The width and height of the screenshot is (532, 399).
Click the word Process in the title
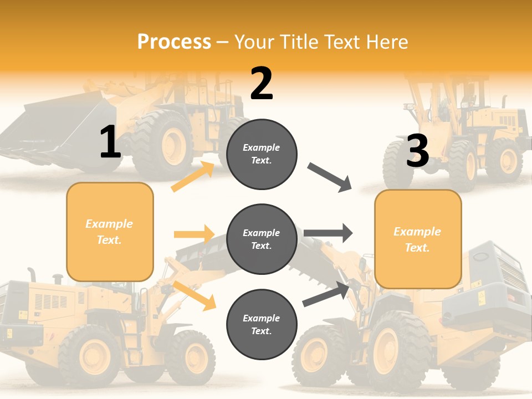(x=174, y=42)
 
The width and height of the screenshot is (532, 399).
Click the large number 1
(x=110, y=142)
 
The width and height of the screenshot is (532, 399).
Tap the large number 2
(x=262, y=84)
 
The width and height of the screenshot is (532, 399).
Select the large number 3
(x=417, y=151)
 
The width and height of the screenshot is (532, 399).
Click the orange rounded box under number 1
(x=110, y=232)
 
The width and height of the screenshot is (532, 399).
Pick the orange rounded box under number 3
(x=418, y=239)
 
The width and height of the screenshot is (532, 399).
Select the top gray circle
(x=262, y=154)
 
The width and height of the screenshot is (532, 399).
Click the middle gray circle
(x=262, y=239)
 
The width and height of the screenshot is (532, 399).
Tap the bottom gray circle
(x=262, y=324)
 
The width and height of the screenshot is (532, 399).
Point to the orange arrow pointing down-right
(x=194, y=295)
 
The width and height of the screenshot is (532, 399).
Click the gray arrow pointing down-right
(x=330, y=177)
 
